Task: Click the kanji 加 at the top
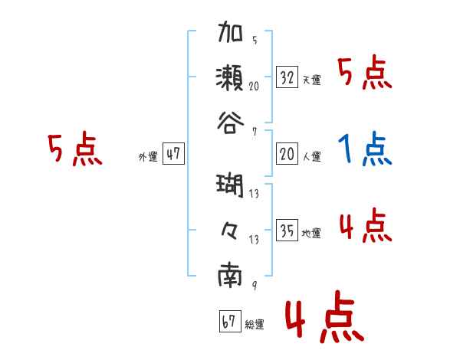pyautogui.click(x=231, y=35)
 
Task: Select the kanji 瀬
pyautogui.click(x=231, y=77)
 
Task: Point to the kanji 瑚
pyautogui.click(x=231, y=187)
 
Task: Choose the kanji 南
pyautogui.click(x=231, y=273)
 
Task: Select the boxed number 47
pyautogui.click(x=173, y=154)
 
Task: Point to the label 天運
pyautogui.click(x=312, y=80)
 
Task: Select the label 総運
pyautogui.click(x=255, y=325)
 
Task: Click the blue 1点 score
pyautogui.click(x=365, y=149)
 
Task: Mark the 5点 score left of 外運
pyautogui.click(x=74, y=149)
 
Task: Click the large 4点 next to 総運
pyautogui.click(x=322, y=319)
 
